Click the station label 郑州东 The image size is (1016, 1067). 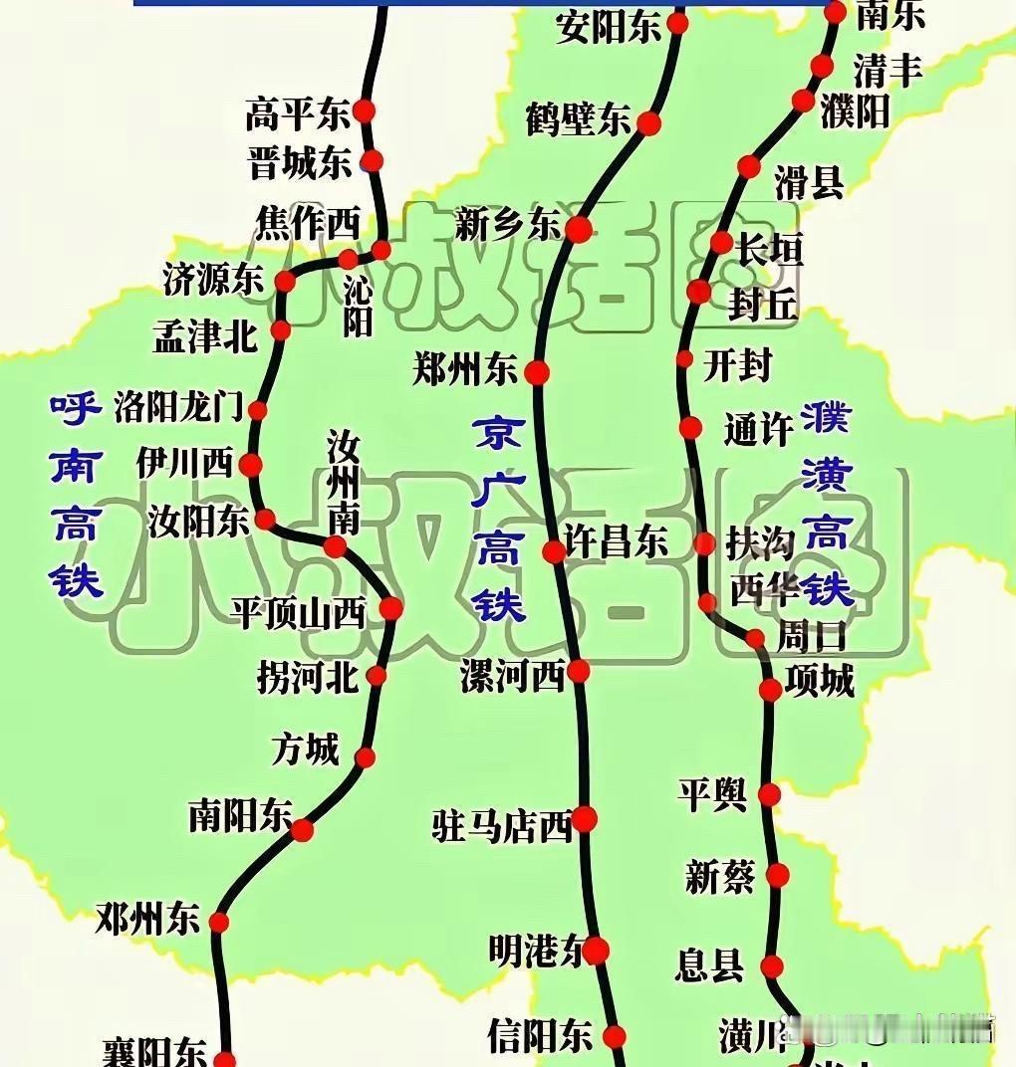(x=465, y=370)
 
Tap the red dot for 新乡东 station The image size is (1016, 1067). (x=578, y=230)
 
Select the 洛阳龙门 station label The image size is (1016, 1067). (x=178, y=406)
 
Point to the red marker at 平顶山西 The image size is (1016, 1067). (x=390, y=608)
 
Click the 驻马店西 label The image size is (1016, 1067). (x=502, y=825)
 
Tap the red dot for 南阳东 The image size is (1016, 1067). (x=302, y=829)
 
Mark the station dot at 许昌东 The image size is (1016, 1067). (x=554, y=551)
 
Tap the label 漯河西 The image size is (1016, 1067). (x=512, y=676)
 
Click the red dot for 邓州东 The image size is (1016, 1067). (x=219, y=922)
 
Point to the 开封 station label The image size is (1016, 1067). (x=737, y=365)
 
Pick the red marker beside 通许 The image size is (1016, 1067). (x=690, y=428)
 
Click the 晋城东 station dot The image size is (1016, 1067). (x=372, y=159)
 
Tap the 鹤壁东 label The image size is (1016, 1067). (x=578, y=120)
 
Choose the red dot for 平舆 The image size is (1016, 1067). (x=769, y=794)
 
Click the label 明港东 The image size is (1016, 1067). (x=536, y=952)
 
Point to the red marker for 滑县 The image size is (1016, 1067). (x=749, y=166)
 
